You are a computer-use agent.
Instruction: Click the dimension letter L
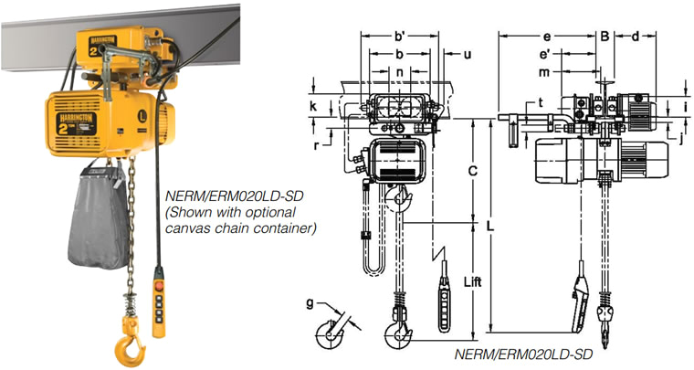click(x=491, y=224)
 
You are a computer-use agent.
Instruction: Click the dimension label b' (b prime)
click(x=399, y=37)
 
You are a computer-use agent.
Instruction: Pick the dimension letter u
click(x=468, y=54)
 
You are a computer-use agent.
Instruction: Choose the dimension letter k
click(x=313, y=107)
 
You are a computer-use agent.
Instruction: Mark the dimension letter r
click(x=315, y=143)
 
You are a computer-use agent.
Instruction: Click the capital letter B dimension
click(x=604, y=37)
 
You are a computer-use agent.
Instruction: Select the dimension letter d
click(x=634, y=37)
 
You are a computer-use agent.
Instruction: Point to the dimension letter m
click(x=544, y=71)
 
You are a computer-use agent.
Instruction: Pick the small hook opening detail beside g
click(x=327, y=333)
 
